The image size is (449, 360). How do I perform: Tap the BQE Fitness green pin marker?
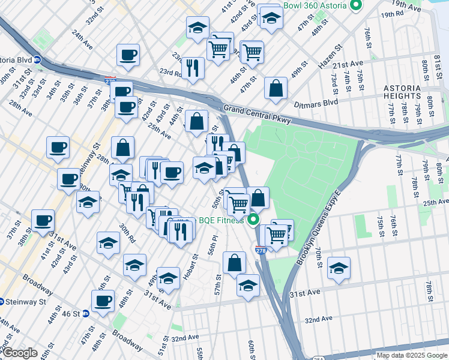[x=254, y=220]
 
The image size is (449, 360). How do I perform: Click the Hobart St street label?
[x=192, y=266]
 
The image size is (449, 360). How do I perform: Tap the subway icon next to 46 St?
[x=85, y=313]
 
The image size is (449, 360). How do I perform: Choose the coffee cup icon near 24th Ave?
[x=128, y=56]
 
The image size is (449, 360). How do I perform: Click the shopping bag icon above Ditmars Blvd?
[x=276, y=88]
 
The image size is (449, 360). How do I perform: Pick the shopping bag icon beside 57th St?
[x=234, y=262]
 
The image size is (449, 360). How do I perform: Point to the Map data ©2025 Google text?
[x=412, y=355]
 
